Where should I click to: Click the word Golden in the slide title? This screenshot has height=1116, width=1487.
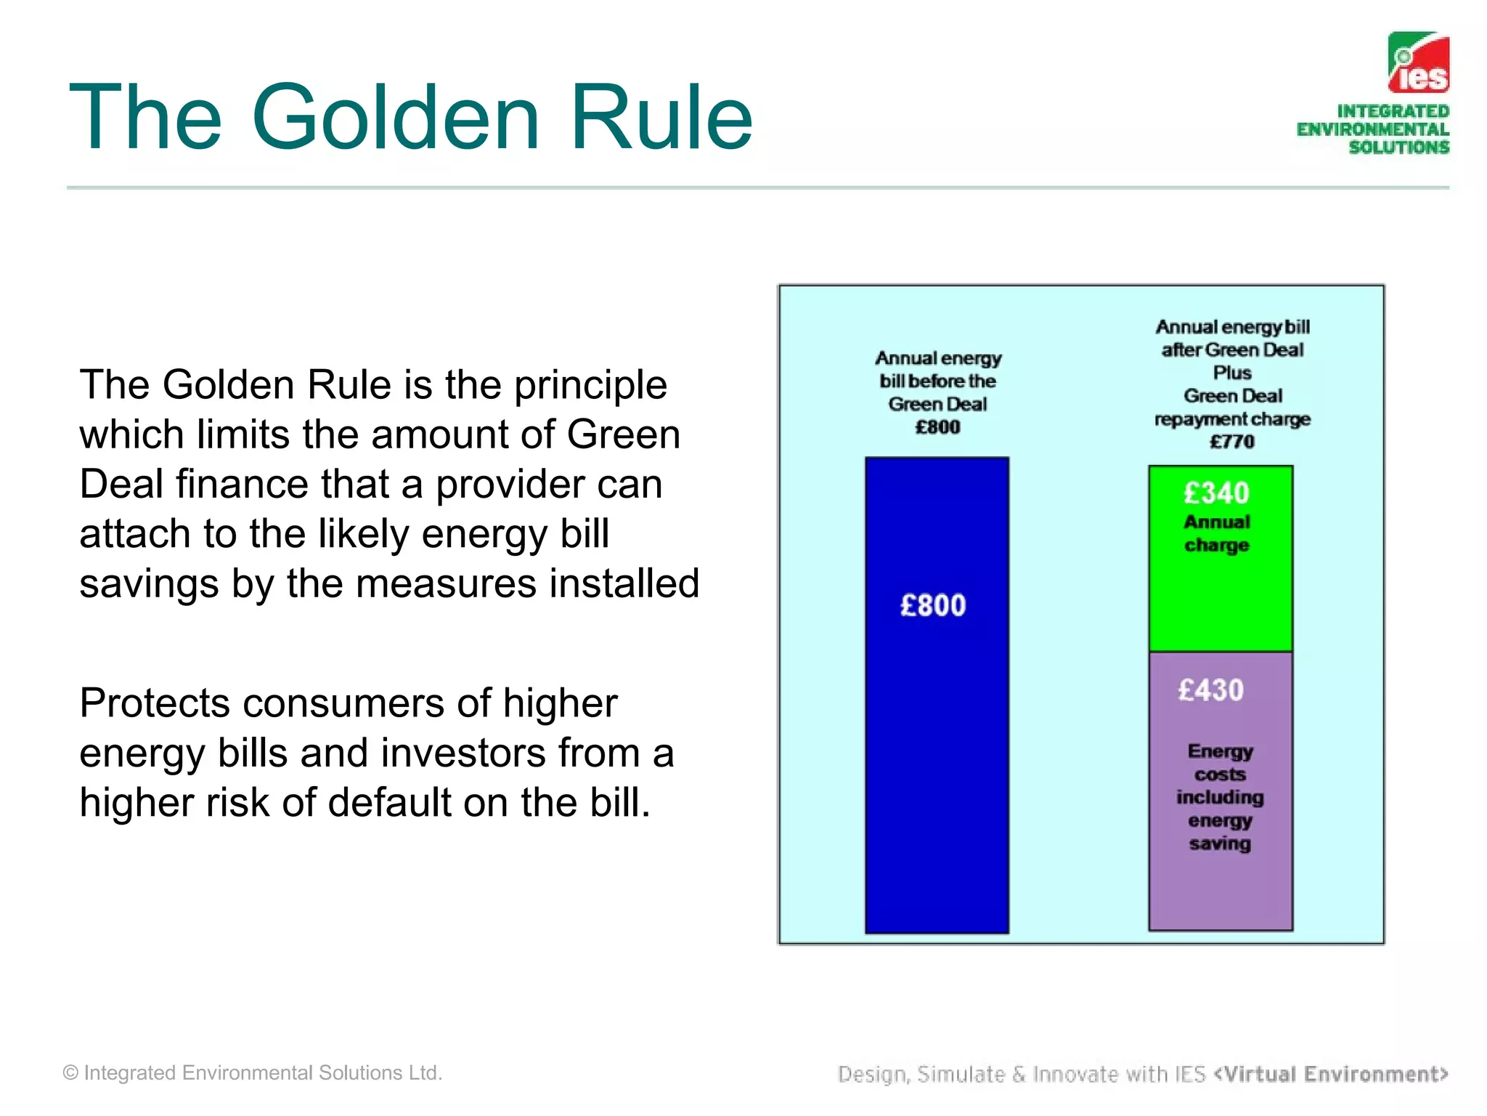[x=396, y=118]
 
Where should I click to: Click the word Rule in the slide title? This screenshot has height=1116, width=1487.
[x=661, y=118]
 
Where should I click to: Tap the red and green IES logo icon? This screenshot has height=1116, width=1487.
[x=1418, y=62]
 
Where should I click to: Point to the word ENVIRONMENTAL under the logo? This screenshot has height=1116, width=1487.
[x=1372, y=129]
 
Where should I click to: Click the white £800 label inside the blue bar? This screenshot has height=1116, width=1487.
[x=933, y=605]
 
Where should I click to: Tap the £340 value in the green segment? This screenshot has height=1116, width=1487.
[x=1216, y=493]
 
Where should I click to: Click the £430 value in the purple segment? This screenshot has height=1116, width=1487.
[x=1210, y=690]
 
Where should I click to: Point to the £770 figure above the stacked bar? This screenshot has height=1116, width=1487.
[x=1231, y=442]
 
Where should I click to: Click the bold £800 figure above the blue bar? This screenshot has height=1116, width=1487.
[x=937, y=427]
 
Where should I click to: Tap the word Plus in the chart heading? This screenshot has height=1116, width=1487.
[x=1232, y=373]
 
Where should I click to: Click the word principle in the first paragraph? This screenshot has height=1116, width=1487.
[x=590, y=385]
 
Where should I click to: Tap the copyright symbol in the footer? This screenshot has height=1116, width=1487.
[x=70, y=1073]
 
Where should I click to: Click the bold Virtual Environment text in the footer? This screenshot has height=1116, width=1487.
[x=1331, y=1074]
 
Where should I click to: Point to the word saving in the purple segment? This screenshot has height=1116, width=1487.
[x=1220, y=844]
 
